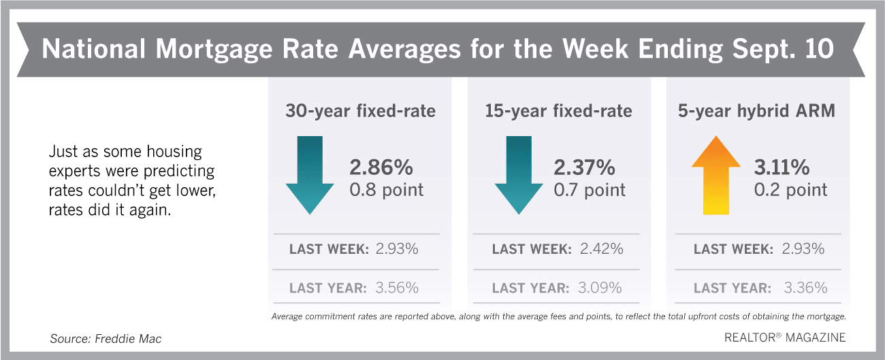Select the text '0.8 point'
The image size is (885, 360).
[x=387, y=189]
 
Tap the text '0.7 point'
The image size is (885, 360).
[x=589, y=189]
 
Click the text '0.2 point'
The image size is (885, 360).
[x=790, y=189]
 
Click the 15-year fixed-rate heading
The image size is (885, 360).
[x=559, y=111]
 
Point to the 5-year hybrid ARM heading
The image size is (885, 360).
[x=756, y=111]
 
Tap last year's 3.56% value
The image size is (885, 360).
[x=397, y=288]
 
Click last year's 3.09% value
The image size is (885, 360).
[x=599, y=288]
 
